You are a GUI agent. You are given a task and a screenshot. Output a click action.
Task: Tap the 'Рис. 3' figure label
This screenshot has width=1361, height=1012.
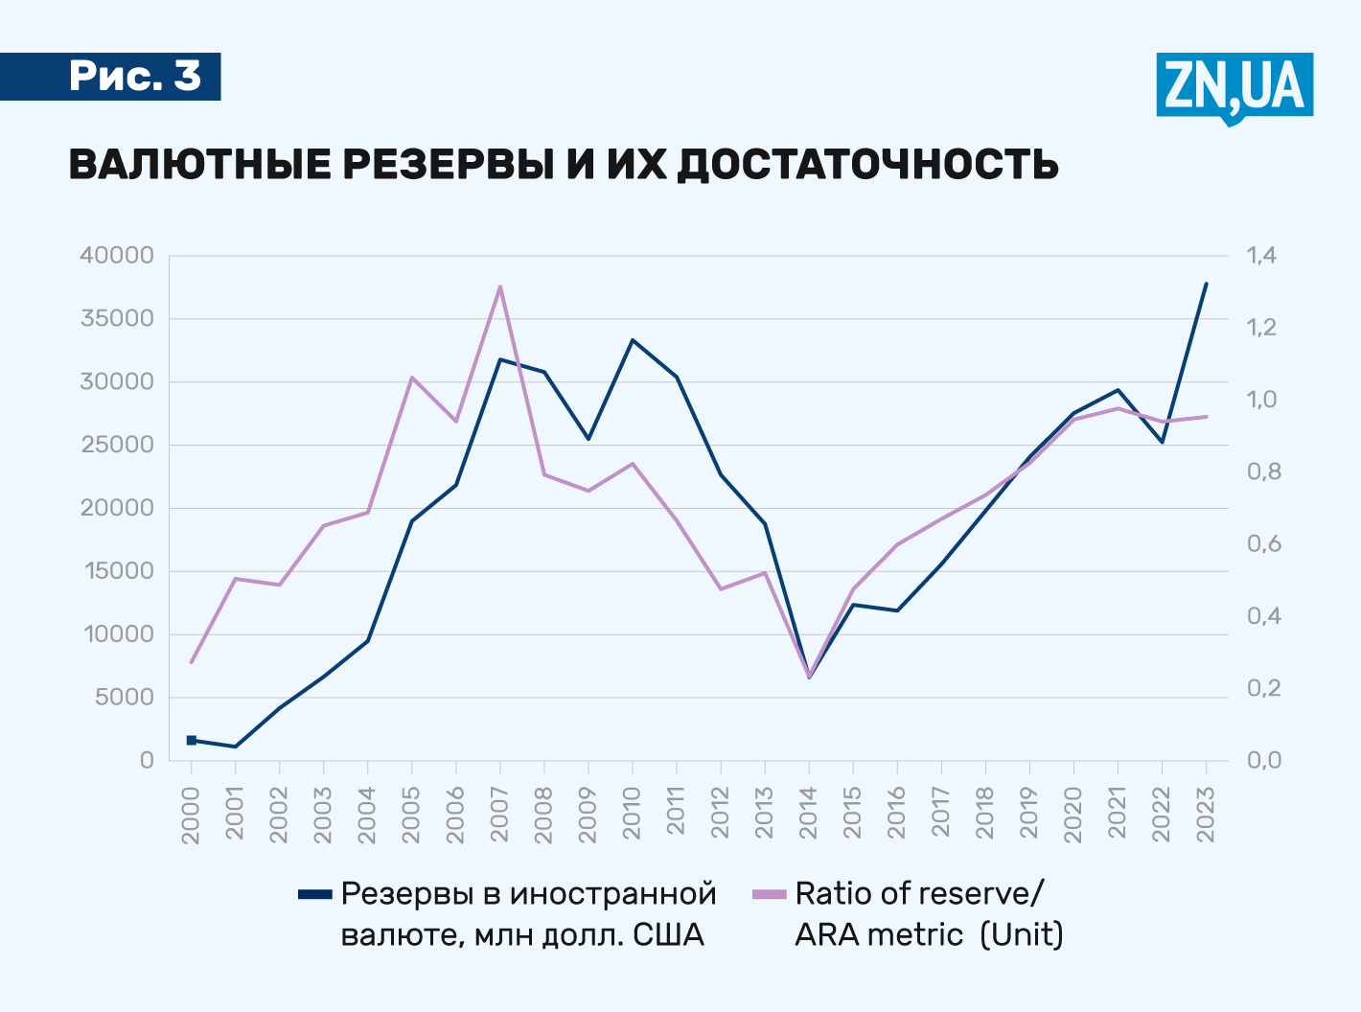[x=134, y=77]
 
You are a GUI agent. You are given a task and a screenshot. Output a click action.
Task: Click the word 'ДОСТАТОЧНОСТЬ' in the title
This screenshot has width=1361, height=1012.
[x=867, y=165]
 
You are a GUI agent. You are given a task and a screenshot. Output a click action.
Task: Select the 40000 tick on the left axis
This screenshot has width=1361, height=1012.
[x=118, y=256]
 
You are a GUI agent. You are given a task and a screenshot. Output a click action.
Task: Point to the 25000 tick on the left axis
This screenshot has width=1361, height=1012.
[x=118, y=445]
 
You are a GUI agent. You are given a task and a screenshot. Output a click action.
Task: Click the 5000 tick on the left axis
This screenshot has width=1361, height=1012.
[x=125, y=698]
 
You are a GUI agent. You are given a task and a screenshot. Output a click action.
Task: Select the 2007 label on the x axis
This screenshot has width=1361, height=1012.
[x=499, y=815]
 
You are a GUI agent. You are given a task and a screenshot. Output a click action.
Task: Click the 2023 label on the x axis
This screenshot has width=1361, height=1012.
[x=1206, y=815]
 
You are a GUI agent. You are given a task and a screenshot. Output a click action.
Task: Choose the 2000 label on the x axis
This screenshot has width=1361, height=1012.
[x=191, y=815]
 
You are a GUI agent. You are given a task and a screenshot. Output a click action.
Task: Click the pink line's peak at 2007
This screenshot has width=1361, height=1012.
[x=500, y=287]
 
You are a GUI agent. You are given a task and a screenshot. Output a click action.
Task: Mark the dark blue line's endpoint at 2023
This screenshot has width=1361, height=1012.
[x=1206, y=284]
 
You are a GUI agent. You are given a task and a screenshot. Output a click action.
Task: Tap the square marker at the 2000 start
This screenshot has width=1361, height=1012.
[x=192, y=740]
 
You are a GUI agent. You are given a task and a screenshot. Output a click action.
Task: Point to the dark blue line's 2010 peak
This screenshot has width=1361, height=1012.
[x=633, y=340]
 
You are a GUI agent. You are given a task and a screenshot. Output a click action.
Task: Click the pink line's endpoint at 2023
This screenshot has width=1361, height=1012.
[x=1206, y=417]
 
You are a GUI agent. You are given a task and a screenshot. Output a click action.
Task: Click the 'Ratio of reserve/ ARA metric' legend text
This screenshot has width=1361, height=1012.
[x=928, y=913]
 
